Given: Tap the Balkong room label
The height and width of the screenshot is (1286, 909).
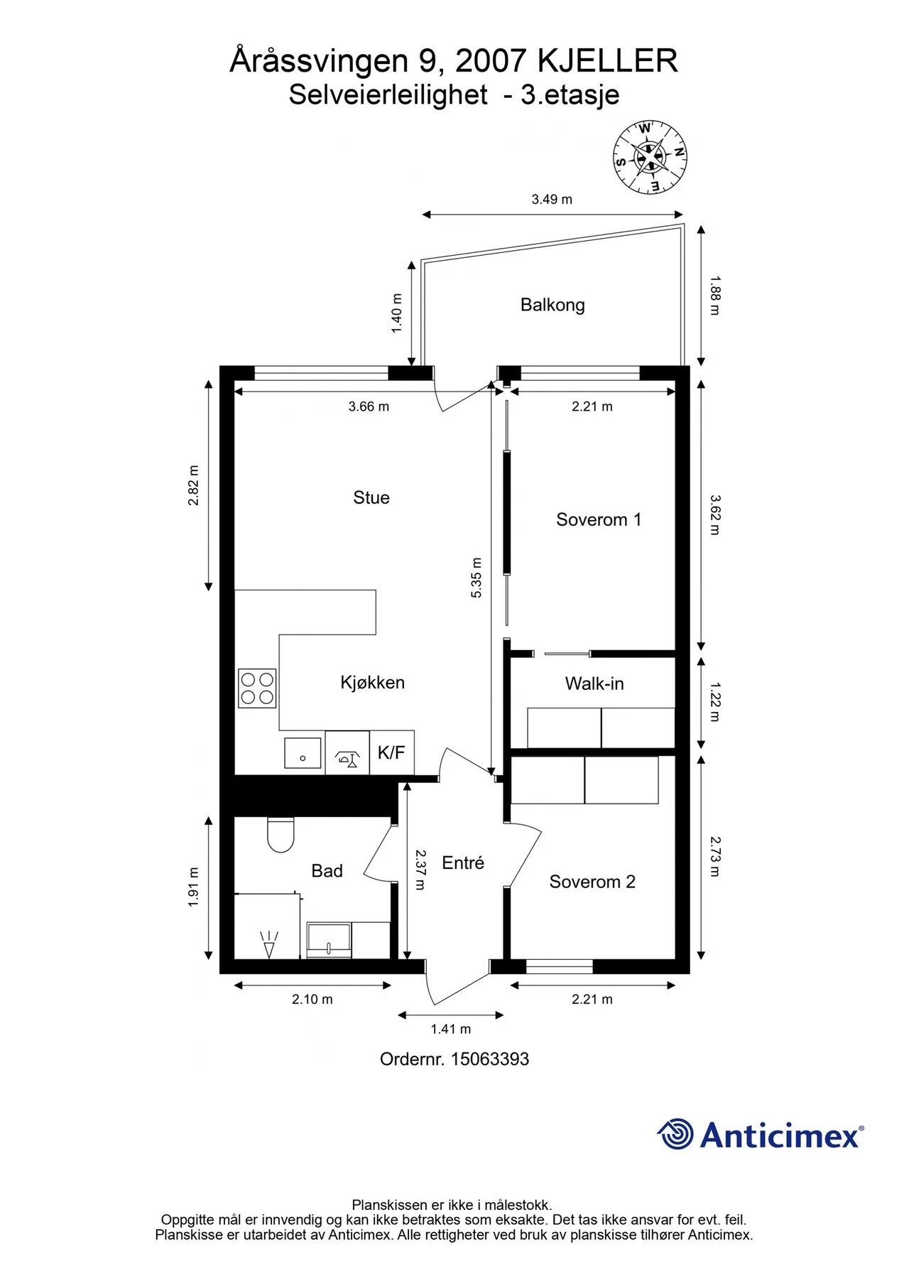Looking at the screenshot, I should click(x=553, y=305).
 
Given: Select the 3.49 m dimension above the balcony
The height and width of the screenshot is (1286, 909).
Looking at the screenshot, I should click(x=552, y=200).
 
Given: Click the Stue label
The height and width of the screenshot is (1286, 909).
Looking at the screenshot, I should click(x=371, y=497).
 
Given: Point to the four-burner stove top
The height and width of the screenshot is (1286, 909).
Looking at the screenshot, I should click(x=257, y=688).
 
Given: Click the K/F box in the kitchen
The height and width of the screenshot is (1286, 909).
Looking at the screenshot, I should click(x=391, y=753).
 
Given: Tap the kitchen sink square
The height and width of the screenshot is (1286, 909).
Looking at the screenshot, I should click(x=303, y=753).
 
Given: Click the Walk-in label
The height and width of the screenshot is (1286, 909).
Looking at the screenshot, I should click(x=594, y=683).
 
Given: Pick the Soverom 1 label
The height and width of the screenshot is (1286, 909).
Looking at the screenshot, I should click(x=599, y=519).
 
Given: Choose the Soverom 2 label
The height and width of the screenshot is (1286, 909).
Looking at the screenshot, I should click(x=592, y=882).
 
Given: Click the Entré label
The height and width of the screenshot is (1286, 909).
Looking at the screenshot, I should click(x=463, y=863).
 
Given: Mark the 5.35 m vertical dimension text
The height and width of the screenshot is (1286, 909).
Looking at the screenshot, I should click(x=477, y=576).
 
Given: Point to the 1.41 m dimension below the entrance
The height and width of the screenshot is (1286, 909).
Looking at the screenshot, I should click(x=451, y=1029).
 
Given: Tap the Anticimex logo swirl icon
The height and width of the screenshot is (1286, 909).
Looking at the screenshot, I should click(x=675, y=1134).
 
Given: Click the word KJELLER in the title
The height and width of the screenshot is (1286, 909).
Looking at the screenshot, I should click(x=608, y=62).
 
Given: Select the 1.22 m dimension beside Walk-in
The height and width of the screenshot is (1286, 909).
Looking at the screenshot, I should click(x=715, y=701).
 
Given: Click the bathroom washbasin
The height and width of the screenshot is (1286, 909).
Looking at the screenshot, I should click(x=329, y=939).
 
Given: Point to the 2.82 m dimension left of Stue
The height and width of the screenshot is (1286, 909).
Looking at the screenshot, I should click(x=193, y=485).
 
